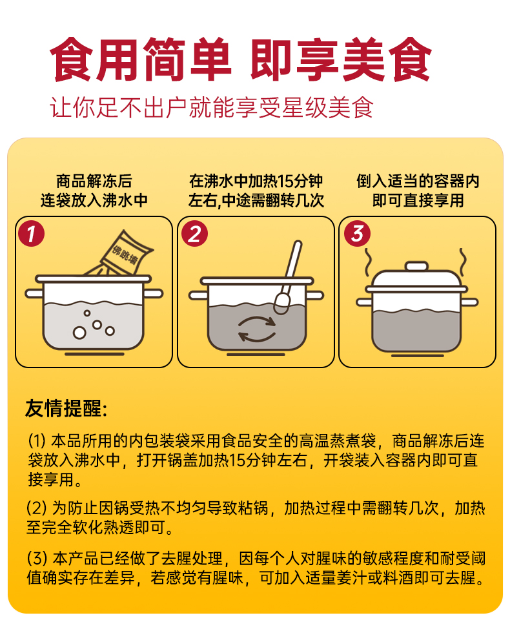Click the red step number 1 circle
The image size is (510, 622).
click(x=32, y=234)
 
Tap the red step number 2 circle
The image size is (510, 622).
click(x=195, y=234)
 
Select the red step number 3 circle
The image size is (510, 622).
click(x=357, y=234)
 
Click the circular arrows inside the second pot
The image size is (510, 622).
click(x=256, y=329)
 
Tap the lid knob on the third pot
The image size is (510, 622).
click(x=416, y=265)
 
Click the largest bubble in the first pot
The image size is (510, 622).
click(x=79, y=333)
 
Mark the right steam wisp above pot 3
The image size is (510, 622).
click(x=463, y=262)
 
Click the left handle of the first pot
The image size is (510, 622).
click(x=34, y=293)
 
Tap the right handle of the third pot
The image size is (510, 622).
click(x=469, y=302)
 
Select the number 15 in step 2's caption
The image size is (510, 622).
click(x=285, y=181)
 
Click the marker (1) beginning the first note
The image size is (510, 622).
click(x=37, y=441)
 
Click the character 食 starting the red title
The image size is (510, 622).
click(x=72, y=59)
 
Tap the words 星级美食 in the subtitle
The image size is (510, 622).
click(x=327, y=107)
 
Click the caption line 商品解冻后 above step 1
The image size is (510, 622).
click(x=94, y=181)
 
